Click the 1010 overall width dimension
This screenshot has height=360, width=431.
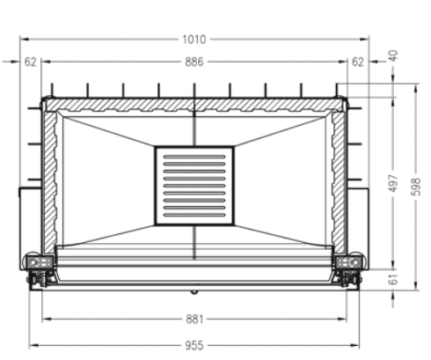click(x=194, y=40)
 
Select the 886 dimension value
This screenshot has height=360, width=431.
click(x=194, y=62)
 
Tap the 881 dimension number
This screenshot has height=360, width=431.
click(x=194, y=320)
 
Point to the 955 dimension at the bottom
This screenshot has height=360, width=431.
click(x=194, y=345)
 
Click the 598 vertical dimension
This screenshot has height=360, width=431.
click(x=416, y=187)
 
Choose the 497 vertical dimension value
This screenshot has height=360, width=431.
click(x=393, y=183)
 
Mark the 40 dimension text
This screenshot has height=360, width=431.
click(x=393, y=55)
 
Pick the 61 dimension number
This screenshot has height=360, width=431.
click(x=393, y=279)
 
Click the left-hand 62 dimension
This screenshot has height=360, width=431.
click(x=30, y=62)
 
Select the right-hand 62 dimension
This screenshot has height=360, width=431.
click(x=358, y=62)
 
